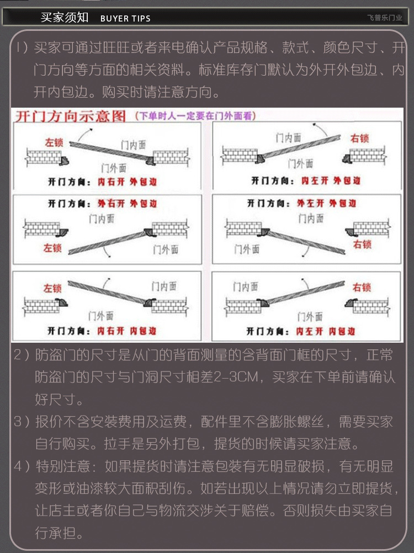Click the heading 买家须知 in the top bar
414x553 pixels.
[64, 17]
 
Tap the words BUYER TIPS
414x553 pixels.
[125, 19]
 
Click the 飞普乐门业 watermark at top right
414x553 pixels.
[384, 18]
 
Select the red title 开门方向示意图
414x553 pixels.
[70, 116]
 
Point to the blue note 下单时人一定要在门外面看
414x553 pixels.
[195, 116]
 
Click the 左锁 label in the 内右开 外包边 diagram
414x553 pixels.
[54, 142]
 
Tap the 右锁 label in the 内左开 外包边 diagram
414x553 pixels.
[359, 138]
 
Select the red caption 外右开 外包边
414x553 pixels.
[127, 204]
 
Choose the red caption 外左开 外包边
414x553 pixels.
[326, 203]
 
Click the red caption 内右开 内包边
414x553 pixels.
[126, 331]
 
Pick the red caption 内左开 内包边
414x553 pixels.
[325, 331]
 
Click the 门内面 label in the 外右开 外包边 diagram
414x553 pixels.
[102, 219]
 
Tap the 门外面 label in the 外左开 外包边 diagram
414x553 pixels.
[247, 249]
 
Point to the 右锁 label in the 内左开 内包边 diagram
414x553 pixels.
[362, 288]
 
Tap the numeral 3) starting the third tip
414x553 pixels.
[22, 422]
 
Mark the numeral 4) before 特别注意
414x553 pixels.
[22, 466]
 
